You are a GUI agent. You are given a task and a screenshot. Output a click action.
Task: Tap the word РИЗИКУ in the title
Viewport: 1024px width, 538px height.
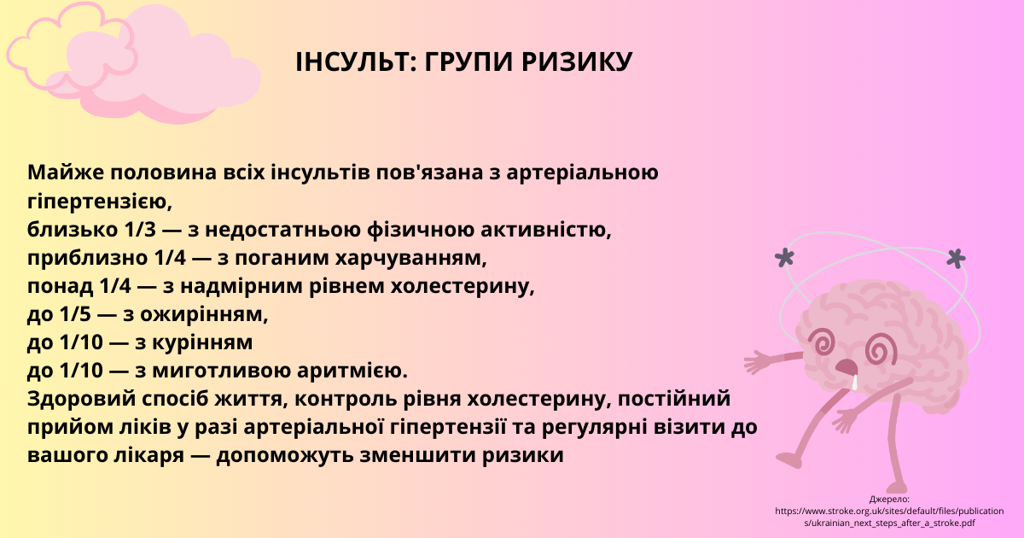(x=577, y=61)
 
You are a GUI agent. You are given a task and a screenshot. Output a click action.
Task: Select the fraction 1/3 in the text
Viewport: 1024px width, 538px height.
(x=140, y=229)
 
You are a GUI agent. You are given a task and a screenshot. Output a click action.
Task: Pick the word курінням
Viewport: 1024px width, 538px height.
(x=202, y=343)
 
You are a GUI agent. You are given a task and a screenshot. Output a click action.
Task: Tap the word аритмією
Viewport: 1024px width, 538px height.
(x=352, y=371)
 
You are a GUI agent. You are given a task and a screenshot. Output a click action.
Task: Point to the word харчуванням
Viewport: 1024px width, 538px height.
(x=411, y=259)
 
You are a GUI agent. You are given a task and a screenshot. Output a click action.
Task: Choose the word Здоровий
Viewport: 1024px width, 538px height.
(x=81, y=399)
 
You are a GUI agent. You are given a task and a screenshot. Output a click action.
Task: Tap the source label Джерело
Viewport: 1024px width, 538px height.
(x=889, y=499)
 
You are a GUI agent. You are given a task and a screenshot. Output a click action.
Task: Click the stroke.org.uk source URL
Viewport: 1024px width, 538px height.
(x=889, y=517)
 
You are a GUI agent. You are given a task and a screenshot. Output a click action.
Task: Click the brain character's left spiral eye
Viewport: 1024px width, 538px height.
(x=822, y=342)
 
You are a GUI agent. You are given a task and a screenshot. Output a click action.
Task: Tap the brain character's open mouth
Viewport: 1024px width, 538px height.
(x=847, y=367)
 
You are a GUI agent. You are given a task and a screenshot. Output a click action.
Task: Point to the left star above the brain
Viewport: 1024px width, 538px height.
(x=784, y=258)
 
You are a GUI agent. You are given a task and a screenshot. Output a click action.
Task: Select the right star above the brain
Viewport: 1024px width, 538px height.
(x=956, y=259)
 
